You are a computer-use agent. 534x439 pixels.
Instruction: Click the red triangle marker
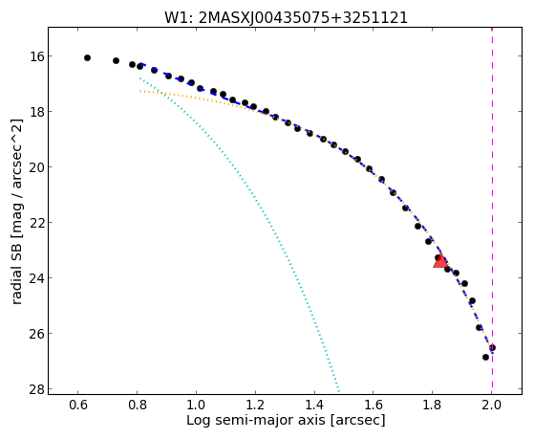point(440,260)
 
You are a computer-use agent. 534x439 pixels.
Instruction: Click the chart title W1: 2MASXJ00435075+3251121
point(286,18)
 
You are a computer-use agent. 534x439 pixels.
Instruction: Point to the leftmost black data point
point(87,58)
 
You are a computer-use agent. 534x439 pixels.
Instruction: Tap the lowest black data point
point(485,357)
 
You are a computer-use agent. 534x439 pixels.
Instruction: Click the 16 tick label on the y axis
point(36,55)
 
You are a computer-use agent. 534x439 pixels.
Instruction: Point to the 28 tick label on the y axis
point(36,389)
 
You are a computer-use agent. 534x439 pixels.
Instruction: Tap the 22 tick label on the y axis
point(36,223)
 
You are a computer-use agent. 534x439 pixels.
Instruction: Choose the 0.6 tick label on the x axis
point(78,405)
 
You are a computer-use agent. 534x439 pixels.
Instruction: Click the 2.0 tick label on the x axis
point(492,405)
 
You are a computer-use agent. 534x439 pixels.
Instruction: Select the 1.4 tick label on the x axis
point(314,405)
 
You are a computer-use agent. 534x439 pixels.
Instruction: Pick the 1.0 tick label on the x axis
point(196,405)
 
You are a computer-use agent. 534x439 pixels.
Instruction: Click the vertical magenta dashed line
point(492,210)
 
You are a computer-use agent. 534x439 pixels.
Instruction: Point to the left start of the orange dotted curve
point(140,91)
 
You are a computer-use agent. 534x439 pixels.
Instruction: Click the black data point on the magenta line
point(492,348)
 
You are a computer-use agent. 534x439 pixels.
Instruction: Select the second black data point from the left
point(116,60)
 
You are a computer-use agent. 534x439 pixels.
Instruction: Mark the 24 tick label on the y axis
point(36,278)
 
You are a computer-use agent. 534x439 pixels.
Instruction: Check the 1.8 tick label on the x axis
point(433,405)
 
